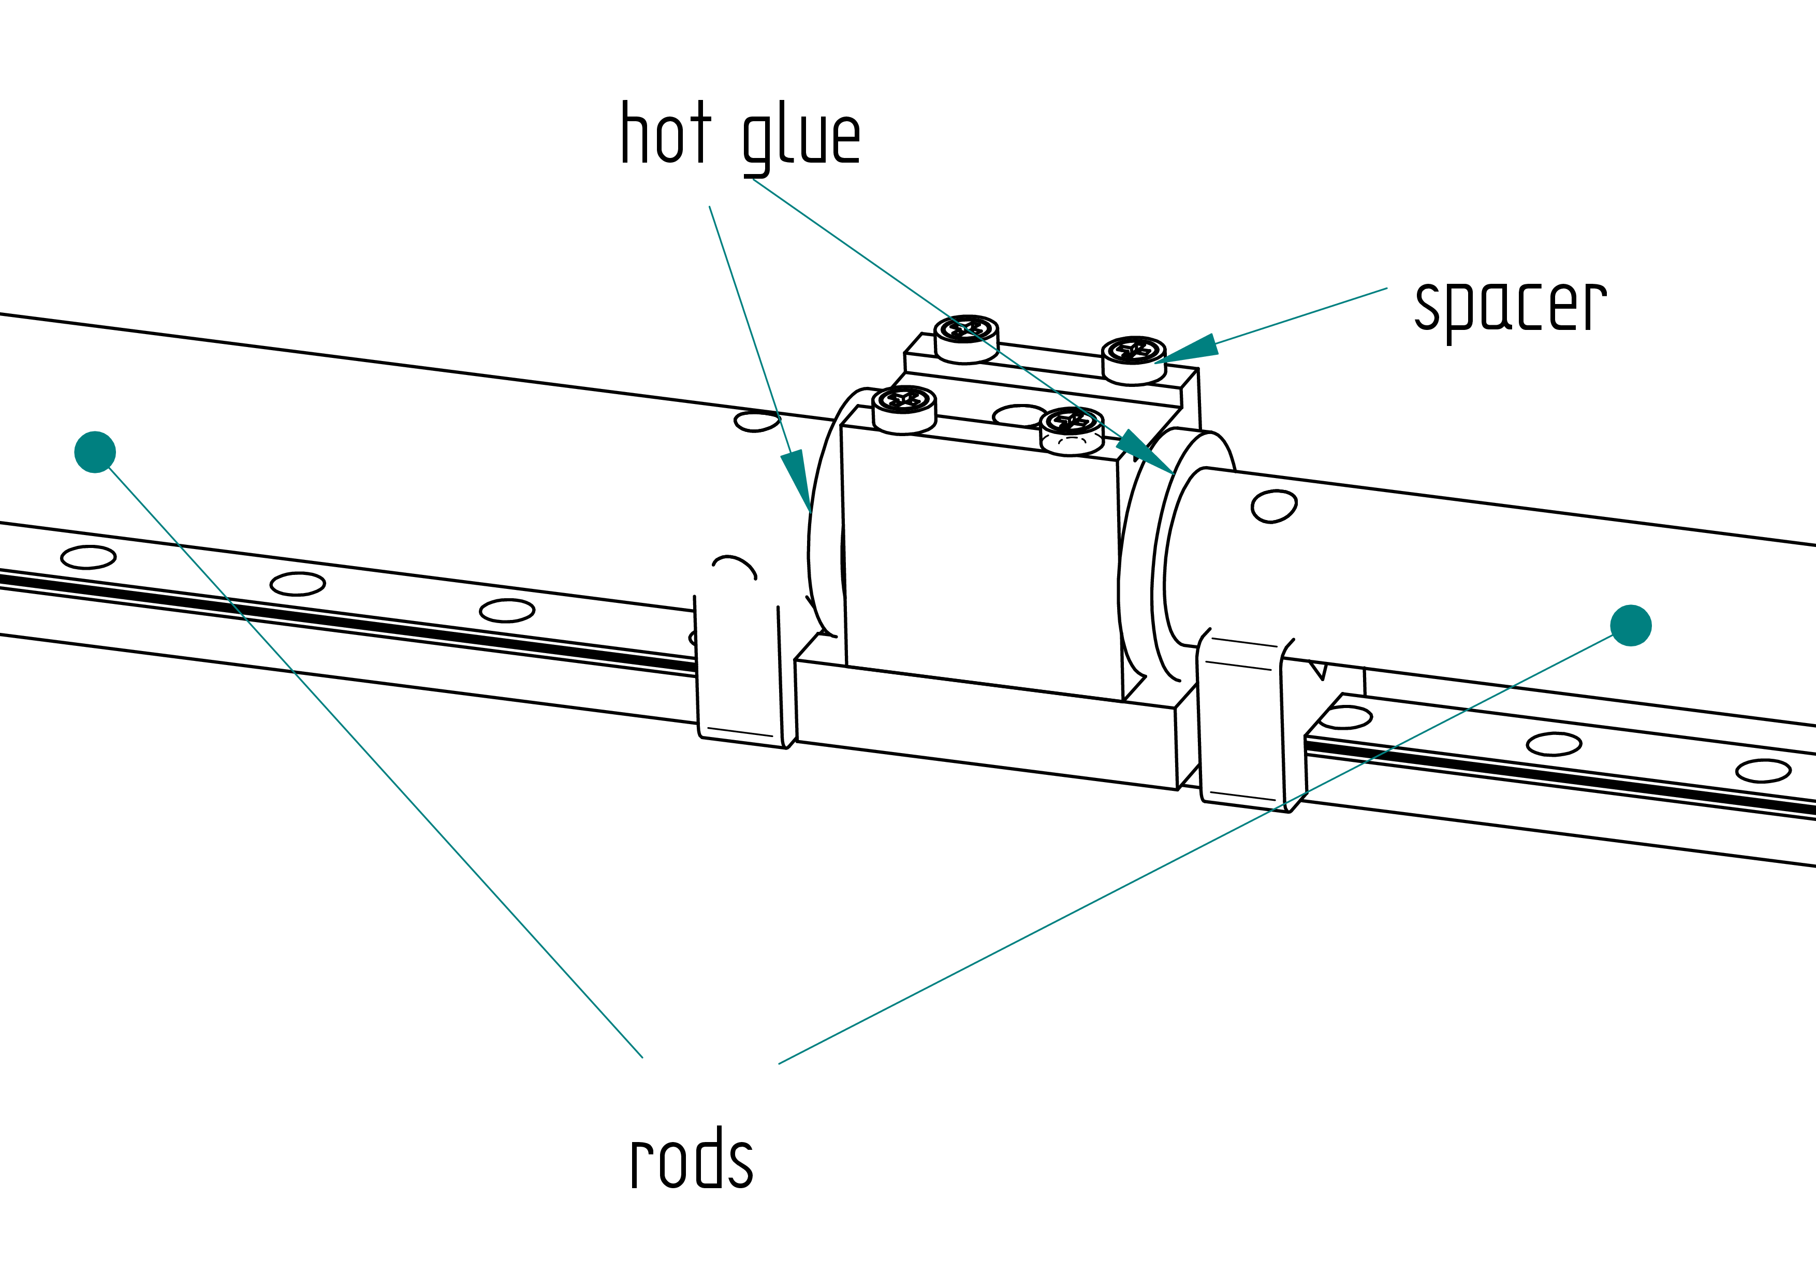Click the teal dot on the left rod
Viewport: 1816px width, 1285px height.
95,452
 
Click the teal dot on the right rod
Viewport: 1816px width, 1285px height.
1631,625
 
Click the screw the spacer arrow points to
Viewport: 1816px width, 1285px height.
1133,360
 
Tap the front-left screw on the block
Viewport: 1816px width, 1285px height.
904,409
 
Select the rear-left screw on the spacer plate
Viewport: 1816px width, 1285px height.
966,339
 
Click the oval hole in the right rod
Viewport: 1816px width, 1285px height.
1274,507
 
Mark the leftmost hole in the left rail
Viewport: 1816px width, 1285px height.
89,557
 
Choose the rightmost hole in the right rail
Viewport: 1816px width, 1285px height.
1764,771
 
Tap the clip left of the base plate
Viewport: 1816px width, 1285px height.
738,651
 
